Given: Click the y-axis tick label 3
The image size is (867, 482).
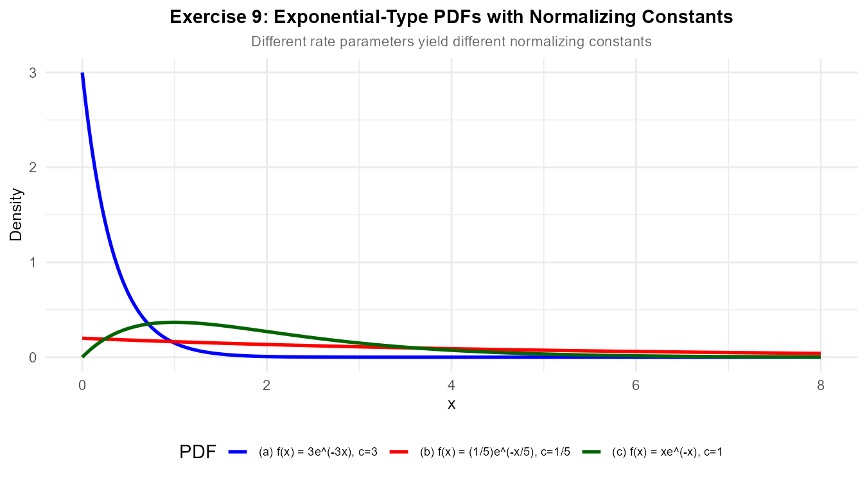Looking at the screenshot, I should pos(32,73).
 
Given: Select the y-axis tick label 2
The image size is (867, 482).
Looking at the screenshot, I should pos(32,168).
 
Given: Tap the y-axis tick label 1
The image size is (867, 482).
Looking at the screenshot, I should pos(32,262).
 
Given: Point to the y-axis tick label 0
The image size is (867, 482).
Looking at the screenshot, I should pos(32,357).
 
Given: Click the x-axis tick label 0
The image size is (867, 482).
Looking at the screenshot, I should pos(82,385).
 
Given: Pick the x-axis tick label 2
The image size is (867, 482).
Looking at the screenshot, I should pos(267,385).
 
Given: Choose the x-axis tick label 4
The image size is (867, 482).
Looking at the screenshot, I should pos(451,385).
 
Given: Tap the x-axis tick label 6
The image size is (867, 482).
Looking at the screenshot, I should pos(636,385).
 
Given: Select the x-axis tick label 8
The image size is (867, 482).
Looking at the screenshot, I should pos(820,385).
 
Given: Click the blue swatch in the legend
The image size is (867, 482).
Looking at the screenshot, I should pos(238,452).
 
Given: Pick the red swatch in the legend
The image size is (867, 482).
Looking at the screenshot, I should pos(399,452).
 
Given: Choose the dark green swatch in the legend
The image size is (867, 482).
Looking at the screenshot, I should pos(591,452).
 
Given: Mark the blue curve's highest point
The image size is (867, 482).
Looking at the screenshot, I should pos(82,73).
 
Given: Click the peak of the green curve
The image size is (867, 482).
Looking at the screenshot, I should pos(174,322).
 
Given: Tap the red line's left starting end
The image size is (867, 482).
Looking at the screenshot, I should pos(83,338).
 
